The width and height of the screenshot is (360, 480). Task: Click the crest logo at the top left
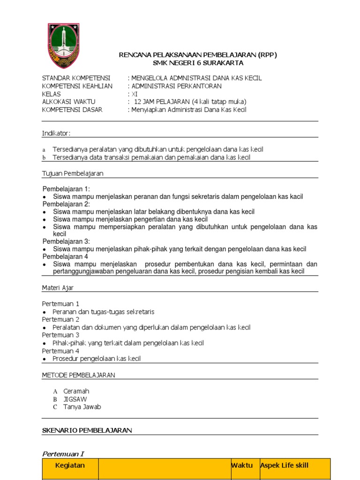[x=63, y=45]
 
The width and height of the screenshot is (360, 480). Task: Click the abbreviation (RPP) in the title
[x=267, y=55]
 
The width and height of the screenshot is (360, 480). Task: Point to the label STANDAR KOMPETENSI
[x=76, y=78]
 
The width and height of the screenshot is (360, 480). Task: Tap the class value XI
[x=135, y=94]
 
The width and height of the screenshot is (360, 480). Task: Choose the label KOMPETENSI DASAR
[x=72, y=110]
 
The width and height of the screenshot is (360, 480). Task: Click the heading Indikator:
[x=56, y=134]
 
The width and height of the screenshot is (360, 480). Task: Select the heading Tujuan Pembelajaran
[x=73, y=173]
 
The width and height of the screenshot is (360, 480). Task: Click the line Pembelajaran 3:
[x=66, y=241]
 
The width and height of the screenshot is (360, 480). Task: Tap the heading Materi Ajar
[x=58, y=287]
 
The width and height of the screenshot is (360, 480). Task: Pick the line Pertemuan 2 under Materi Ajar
[x=60, y=319]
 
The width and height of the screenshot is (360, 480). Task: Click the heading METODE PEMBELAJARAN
[x=79, y=375]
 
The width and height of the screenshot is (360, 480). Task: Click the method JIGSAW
[x=75, y=399]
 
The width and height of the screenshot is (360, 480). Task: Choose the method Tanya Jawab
[x=82, y=407]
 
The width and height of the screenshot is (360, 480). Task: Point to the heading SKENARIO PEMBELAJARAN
[x=87, y=430]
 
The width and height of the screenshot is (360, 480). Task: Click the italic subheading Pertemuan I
[x=63, y=454]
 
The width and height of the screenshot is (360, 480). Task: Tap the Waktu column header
[x=242, y=465]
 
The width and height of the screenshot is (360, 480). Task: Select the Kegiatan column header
[x=70, y=465]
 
